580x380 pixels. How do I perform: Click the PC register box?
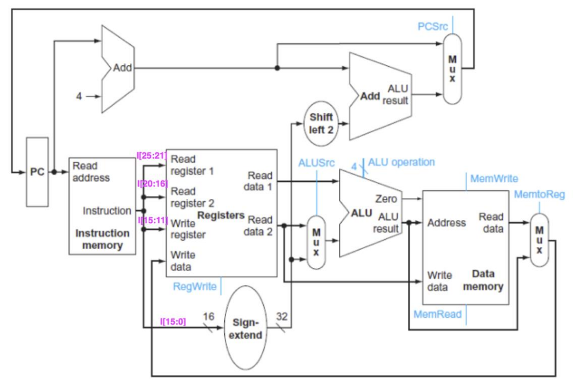tap(37, 172)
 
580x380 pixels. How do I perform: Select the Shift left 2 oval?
tap(321, 123)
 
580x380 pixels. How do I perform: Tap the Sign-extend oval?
tap(245, 329)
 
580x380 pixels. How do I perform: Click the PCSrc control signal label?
tap(433, 26)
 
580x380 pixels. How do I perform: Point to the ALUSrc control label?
tap(316, 163)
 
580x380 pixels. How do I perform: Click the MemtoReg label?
tap(539, 194)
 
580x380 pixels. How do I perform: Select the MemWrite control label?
tap(494, 178)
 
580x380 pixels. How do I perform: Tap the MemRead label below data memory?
tap(437, 313)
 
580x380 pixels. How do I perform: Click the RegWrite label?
tap(195, 286)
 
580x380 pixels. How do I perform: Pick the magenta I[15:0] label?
tap(173, 322)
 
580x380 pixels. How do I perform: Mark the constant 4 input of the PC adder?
tap(79, 96)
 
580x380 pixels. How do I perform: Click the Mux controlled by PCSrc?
tap(452, 69)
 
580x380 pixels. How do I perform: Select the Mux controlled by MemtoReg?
tap(539, 240)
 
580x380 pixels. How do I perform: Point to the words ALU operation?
tap(401, 162)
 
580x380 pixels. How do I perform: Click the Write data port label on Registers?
tap(182, 260)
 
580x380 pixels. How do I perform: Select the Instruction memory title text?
tap(103, 239)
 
